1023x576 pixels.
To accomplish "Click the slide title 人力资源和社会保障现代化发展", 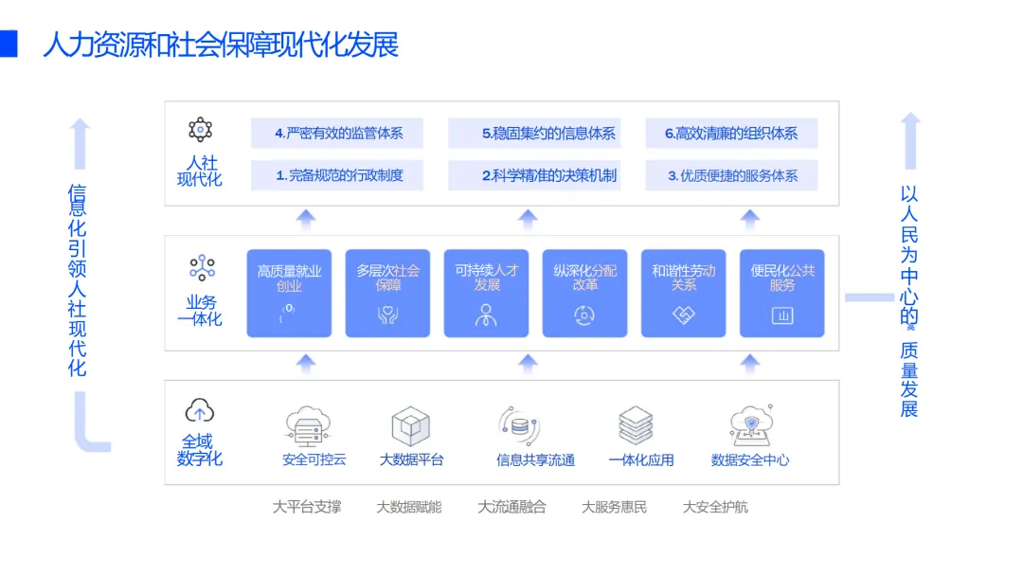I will (x=220, y=45).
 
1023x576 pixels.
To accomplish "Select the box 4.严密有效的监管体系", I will (x=337, y=134).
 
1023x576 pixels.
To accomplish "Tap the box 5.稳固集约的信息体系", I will (x=534, y=134).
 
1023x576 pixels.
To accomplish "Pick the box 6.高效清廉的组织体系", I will (x=731, y=134).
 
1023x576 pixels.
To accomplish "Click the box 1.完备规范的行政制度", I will (x=337, y=175).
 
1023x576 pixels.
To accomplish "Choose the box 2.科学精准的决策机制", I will (x=534, y=175).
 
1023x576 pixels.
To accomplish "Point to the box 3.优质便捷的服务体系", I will (x=731, y=175).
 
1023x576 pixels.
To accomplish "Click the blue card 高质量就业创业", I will (x=289, y=293).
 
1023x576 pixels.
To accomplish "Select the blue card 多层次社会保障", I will (x=387, y=293).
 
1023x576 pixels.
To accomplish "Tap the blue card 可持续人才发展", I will (x=486, y=293).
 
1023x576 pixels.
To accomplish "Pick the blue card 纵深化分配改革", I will (x=584, y=293).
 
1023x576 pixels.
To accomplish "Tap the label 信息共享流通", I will (x=535, y=460).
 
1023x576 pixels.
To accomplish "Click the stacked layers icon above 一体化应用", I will (x=636, y=425).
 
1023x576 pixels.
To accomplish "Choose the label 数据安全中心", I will (x=750, y=460).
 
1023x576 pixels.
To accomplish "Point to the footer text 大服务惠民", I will (x=614, y=507).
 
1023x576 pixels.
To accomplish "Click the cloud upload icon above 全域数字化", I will (x=200, y=411).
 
